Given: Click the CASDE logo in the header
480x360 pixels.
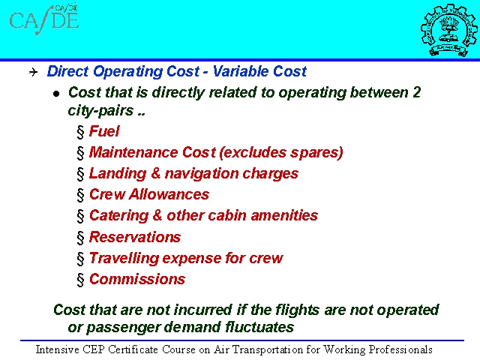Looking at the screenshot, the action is (44, 19).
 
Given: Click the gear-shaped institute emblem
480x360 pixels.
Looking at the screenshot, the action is (449, 30).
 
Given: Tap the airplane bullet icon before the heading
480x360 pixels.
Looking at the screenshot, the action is (33, 72).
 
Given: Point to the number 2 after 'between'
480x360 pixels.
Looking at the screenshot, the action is (416, 92).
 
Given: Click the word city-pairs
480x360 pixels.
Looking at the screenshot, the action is (100, 111).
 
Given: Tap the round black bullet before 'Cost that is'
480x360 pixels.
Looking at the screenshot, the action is (56, 94).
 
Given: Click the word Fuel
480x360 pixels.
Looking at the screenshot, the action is (104, 131).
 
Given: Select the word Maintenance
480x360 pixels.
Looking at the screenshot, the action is (133, 152).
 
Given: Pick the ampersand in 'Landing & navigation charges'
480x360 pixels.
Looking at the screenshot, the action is (155, 173).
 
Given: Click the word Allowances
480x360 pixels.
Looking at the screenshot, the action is (169, 194).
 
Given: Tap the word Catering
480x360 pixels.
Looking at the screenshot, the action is (118, 216).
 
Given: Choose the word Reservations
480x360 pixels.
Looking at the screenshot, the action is (135, 237).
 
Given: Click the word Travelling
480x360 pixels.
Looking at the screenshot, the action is (124, 259).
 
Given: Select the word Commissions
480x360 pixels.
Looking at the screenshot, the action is (137, 279).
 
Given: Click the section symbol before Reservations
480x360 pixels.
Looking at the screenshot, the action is (80, 238).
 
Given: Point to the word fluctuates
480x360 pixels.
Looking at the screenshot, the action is (259, 327).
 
